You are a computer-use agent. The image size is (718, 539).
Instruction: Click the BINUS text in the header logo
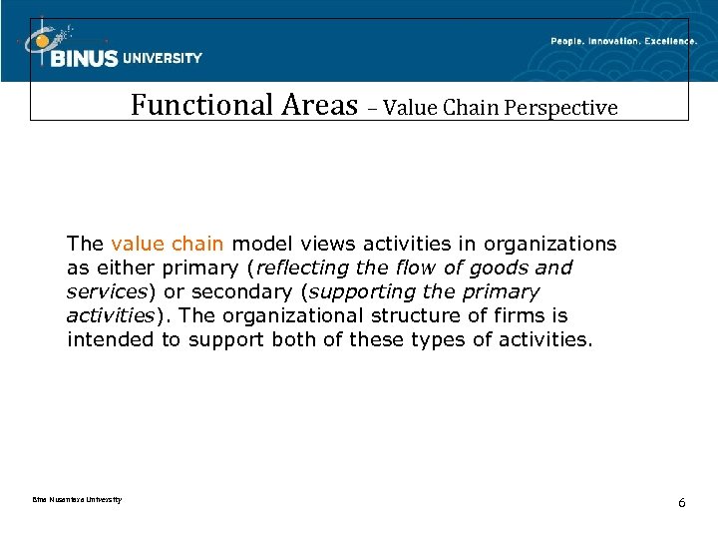click(x=84, y=59)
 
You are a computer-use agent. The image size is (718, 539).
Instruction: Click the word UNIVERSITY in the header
click(x=163, y=58)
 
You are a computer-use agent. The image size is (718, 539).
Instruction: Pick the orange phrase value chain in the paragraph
click(x=168, y=244)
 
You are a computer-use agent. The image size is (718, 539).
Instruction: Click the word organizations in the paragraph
click(x=554, y=244)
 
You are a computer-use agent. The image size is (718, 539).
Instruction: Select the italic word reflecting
click(x=302, y=268)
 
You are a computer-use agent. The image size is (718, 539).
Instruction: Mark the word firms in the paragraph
click(x=524, y=315)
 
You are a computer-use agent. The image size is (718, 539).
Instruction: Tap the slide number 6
click(x=681, y=502)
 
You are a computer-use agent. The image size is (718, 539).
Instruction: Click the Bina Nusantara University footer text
click(x=69, y=499)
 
